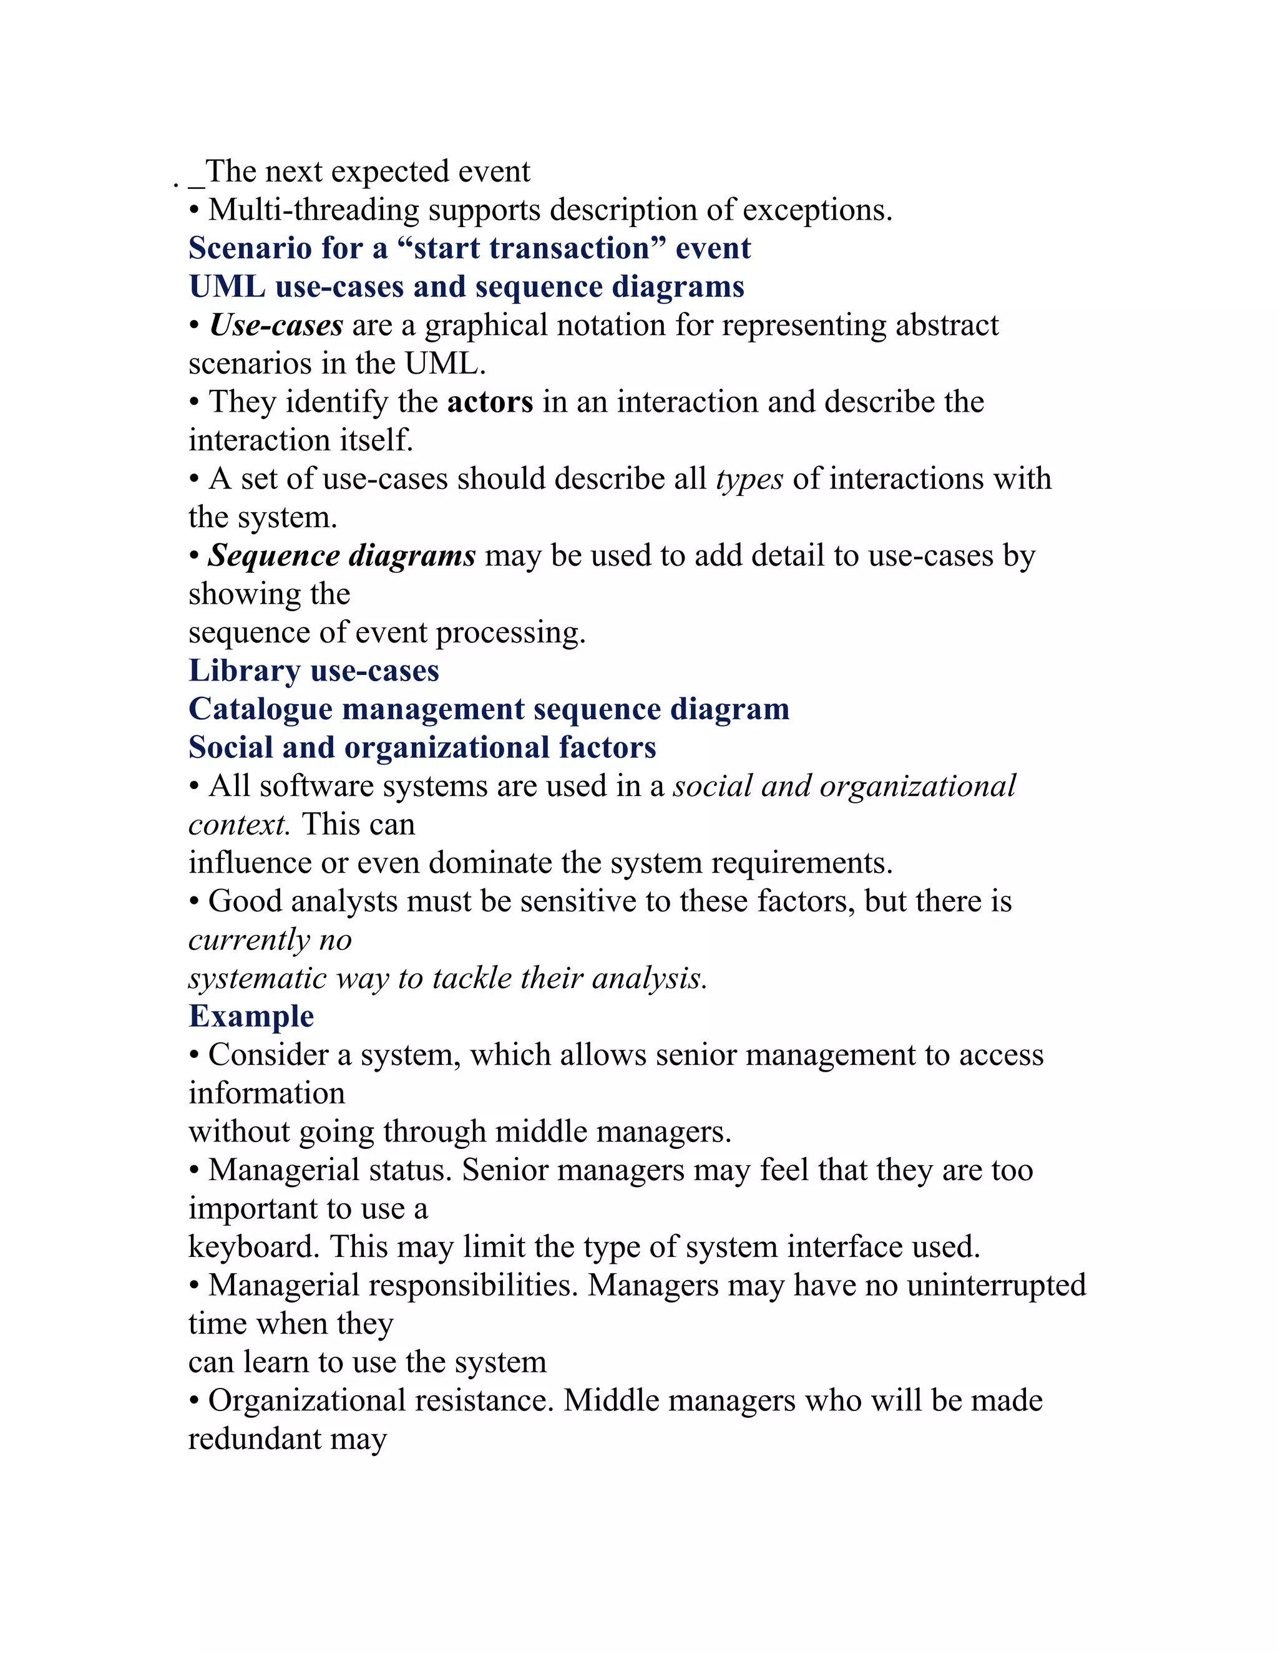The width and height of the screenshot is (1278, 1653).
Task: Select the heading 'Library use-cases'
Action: point(313,671)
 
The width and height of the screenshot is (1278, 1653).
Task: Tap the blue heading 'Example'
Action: point(251,1016)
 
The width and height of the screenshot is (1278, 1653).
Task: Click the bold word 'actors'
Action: point(490,402)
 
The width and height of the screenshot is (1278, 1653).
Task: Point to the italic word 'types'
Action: point(749,479)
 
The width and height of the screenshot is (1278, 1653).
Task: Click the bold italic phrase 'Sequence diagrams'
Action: point(341,556)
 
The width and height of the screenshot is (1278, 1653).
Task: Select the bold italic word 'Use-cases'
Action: point(276,326)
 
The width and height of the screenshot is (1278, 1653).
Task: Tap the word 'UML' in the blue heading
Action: point(227,287)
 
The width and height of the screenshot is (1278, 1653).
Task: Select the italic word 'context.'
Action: point(239,824)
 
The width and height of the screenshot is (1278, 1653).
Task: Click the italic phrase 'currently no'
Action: point(270,939)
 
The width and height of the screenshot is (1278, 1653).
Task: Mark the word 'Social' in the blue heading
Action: point(230,748)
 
